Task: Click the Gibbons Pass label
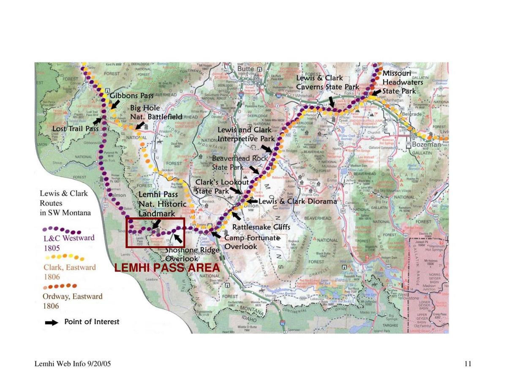point(131,96)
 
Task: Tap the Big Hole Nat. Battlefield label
point(156,112)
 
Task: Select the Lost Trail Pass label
point(75,128)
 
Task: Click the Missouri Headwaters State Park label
point(402,82)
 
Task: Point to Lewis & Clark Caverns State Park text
point(327,82)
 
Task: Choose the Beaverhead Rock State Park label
point(240,163)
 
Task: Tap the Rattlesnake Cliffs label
point(261,227)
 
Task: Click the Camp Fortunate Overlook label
point(252,242)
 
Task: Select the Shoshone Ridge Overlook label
point(192,254)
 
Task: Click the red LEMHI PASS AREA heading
point(167,268)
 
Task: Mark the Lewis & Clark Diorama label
point(298,201)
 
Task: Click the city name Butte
point(245,69)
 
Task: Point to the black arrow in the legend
point(52,323)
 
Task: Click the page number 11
point(468,364)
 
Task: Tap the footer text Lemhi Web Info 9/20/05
point(73,364)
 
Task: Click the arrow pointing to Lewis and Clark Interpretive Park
point(267,148)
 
